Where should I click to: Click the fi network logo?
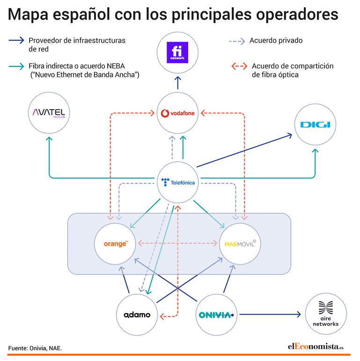coord(177,52)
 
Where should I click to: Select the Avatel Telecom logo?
coord(49,113)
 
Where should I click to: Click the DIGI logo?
coord(315,125)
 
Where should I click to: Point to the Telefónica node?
coord(177,182)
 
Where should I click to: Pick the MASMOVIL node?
coord(240,244)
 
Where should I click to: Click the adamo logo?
coord(137,315)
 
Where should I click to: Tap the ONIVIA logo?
coord(216,315)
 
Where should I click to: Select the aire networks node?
coord(326,314)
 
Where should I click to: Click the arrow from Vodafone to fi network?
coord(177,83)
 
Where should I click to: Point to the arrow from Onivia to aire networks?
coord(270,314)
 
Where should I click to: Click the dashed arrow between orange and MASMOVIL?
coord(177,243)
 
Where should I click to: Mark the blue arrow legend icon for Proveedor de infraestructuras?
coord(16,40)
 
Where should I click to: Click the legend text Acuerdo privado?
coord(276,41)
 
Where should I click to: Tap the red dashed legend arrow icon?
coord(239,66)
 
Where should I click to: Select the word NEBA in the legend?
coord(116,66)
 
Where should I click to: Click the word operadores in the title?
coord(297,15)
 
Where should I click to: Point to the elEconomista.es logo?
coord(316,347)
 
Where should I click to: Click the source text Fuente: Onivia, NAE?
coord(35,348)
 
